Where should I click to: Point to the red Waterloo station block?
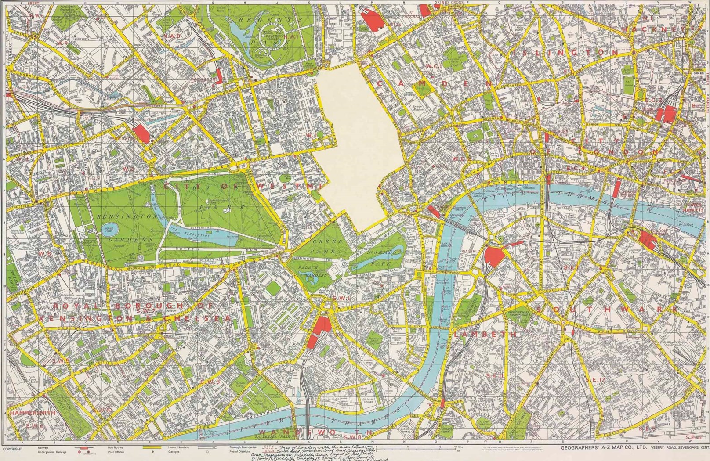[x=496, y=257]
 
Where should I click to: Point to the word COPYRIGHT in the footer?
[x=12, y=449]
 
